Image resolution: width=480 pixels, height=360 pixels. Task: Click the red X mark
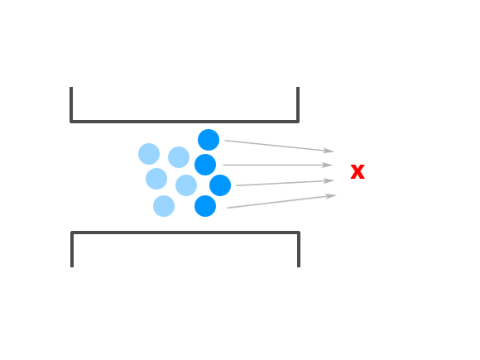pos(358,172)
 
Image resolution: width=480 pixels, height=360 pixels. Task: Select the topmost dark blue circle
pos(209,140)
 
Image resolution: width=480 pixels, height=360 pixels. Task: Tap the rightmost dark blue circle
pos(220,185)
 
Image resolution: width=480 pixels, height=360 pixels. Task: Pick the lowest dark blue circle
pos(205,206)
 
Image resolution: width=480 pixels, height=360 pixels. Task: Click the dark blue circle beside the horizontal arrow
pos(205,165)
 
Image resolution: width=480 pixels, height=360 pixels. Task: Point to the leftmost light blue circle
pos(149,154)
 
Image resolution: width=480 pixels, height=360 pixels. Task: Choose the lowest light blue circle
pos(164,206)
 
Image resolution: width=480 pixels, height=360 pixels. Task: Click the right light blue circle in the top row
pos(179,157)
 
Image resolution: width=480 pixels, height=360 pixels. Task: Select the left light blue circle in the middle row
pos(156,179)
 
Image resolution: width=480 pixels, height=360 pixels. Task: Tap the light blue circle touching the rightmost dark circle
pos(186,185)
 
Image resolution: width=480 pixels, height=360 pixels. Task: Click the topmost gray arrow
pos(279,146)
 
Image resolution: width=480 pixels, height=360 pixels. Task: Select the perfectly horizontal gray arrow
pos(277,165)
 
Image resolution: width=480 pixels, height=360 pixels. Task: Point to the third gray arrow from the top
pos(285,183)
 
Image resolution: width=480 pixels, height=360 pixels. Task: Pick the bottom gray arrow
pos(281,201)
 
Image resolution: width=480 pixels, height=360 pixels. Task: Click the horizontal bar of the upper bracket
pos(185,122)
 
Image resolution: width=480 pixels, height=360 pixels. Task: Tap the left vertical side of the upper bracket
pos(71,104)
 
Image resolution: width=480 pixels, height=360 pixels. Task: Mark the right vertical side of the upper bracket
pos(298,104)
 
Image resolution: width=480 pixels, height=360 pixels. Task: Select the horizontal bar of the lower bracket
pos(185,233)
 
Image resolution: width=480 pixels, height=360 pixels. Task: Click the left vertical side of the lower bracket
pos(72,249)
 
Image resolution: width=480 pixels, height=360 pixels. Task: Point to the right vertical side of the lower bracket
pos(299,249)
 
